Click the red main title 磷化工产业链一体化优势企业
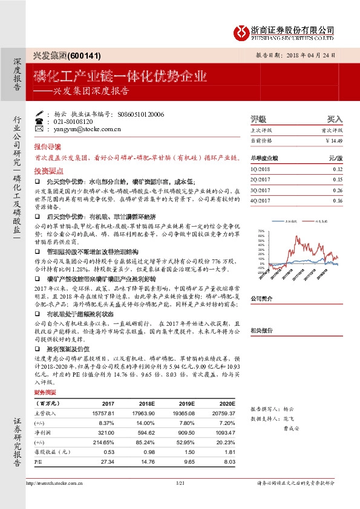click(x=120, y=77)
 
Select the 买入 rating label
click(x=335, y=119)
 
